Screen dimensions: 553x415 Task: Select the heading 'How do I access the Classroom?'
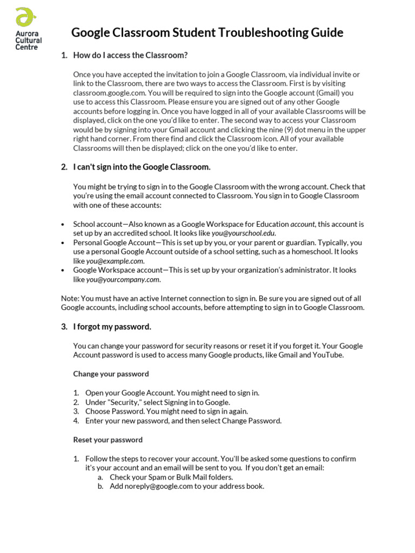point(130,56)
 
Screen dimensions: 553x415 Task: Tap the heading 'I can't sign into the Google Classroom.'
point(142,167)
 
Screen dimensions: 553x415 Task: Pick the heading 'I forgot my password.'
point(112,327)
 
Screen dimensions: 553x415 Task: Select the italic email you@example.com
point(115,261)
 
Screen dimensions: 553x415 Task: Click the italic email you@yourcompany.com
point(123,280)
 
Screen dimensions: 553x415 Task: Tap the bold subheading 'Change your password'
point(111,374)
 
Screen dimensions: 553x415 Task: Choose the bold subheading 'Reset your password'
point(108,440)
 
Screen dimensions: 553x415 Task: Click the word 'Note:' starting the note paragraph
point(70,299)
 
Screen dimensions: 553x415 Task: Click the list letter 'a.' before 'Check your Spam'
point(101,477)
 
